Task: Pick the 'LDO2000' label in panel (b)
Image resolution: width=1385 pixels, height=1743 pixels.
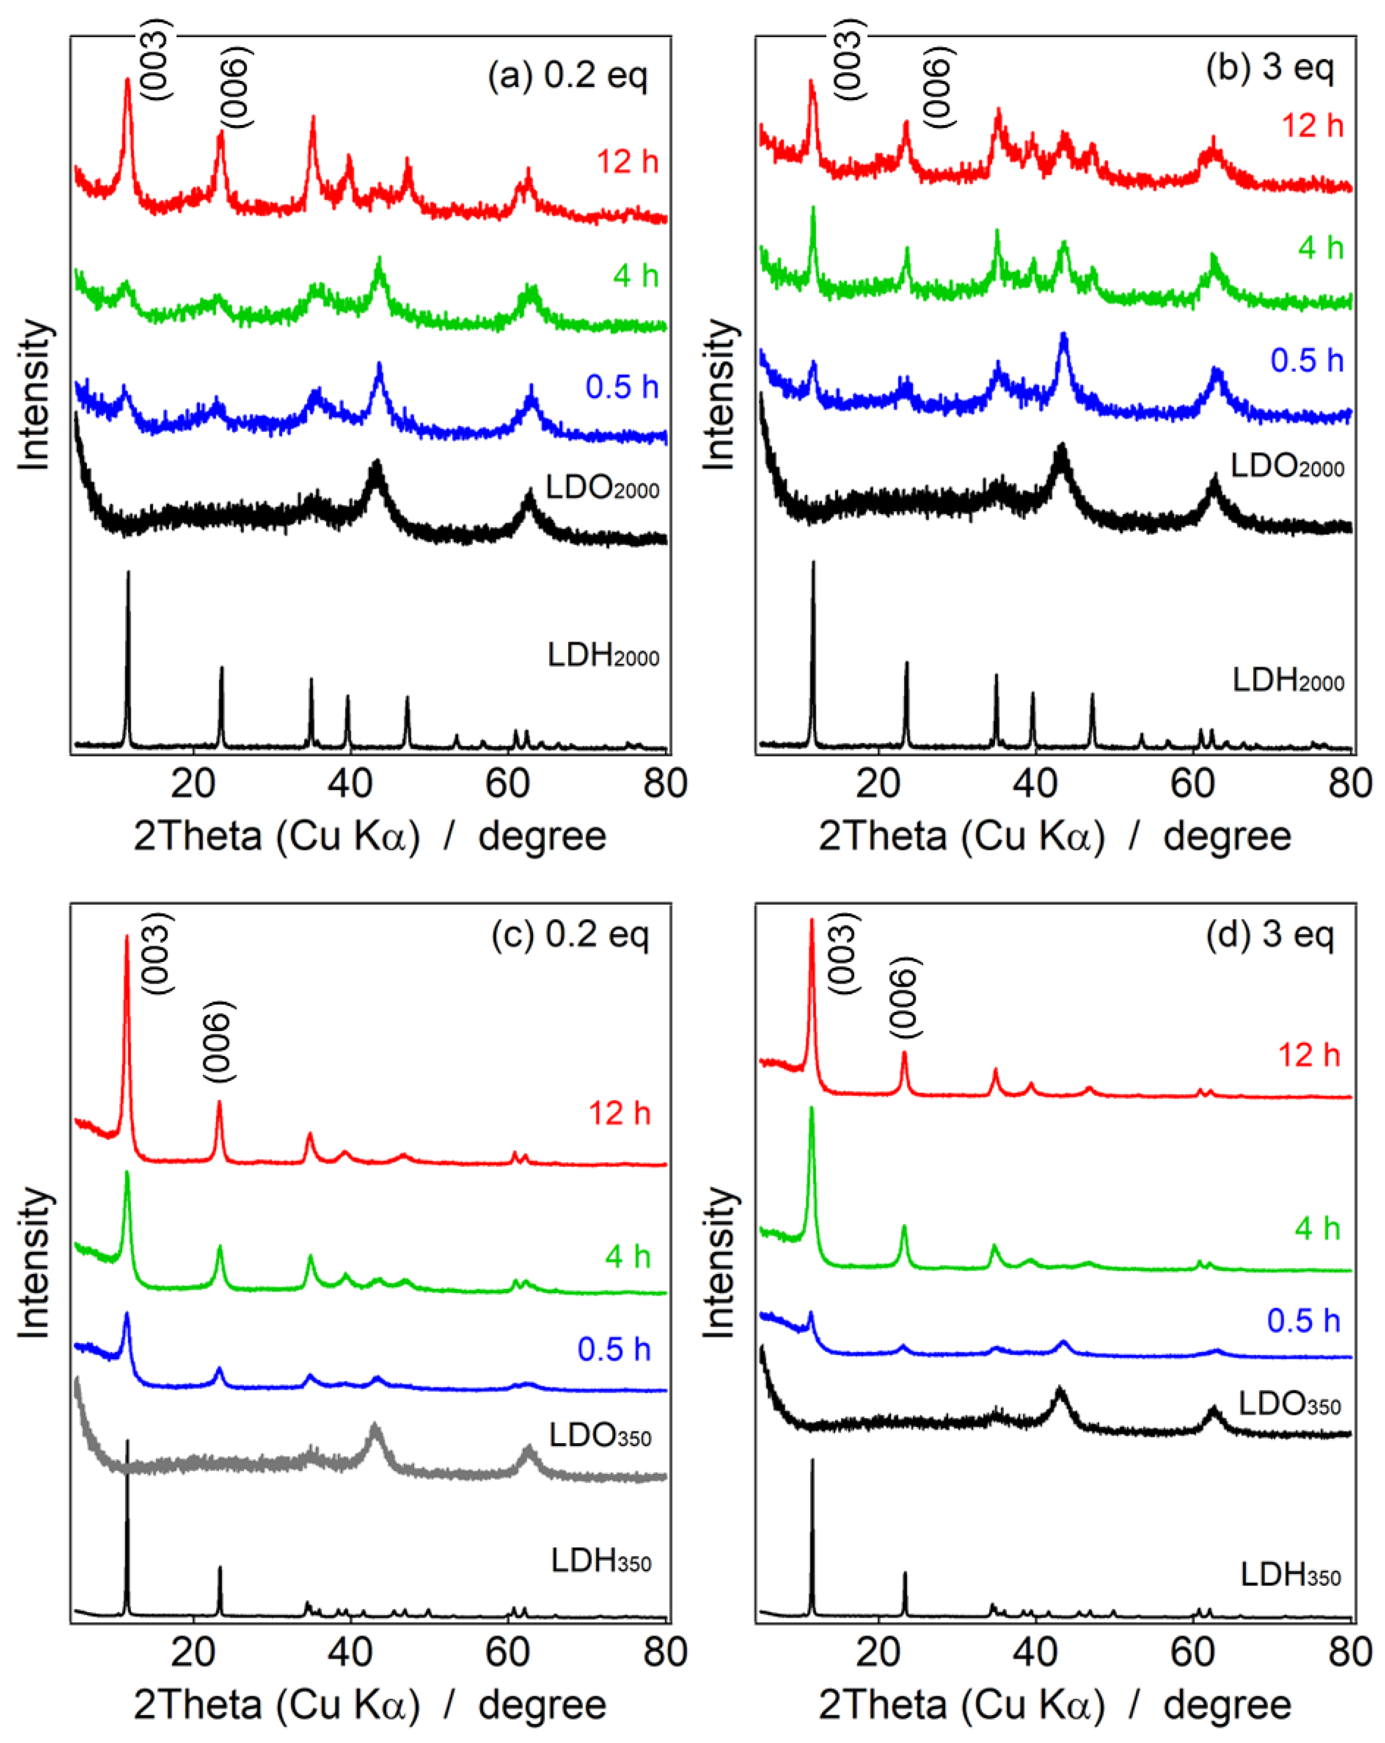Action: (x=1286, y=466)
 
